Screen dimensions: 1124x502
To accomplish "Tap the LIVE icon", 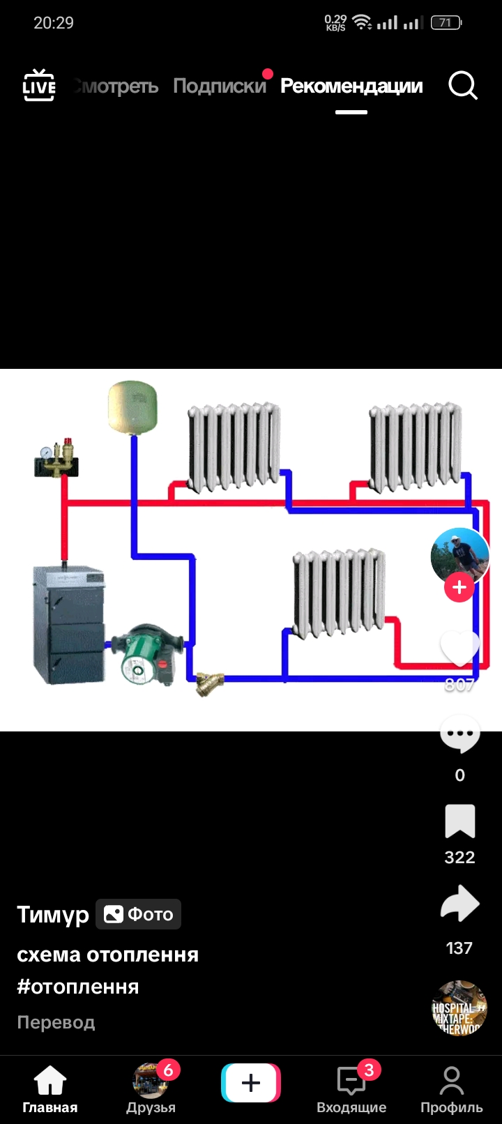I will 39,86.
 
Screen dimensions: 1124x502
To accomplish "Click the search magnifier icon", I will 462,86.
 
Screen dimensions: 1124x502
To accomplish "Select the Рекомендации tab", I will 351,86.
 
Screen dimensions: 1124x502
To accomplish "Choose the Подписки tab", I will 220,86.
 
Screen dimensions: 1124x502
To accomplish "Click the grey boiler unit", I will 68,625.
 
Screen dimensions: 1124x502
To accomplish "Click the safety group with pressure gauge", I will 56,458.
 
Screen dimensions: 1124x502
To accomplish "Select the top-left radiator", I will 234,446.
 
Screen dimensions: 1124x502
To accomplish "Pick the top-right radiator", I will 416,446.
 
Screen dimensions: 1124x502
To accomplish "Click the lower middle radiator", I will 339,593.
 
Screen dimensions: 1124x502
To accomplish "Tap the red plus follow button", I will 459,588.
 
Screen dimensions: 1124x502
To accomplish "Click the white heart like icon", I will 459,648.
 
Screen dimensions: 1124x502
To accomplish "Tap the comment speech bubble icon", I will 459,734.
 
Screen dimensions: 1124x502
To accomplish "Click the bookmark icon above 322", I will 459,821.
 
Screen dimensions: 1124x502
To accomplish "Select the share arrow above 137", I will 459,904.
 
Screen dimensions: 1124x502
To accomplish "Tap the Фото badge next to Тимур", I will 138,914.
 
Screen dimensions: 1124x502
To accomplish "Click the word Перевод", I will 56,1022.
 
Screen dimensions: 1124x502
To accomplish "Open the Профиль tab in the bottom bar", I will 451,1090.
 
